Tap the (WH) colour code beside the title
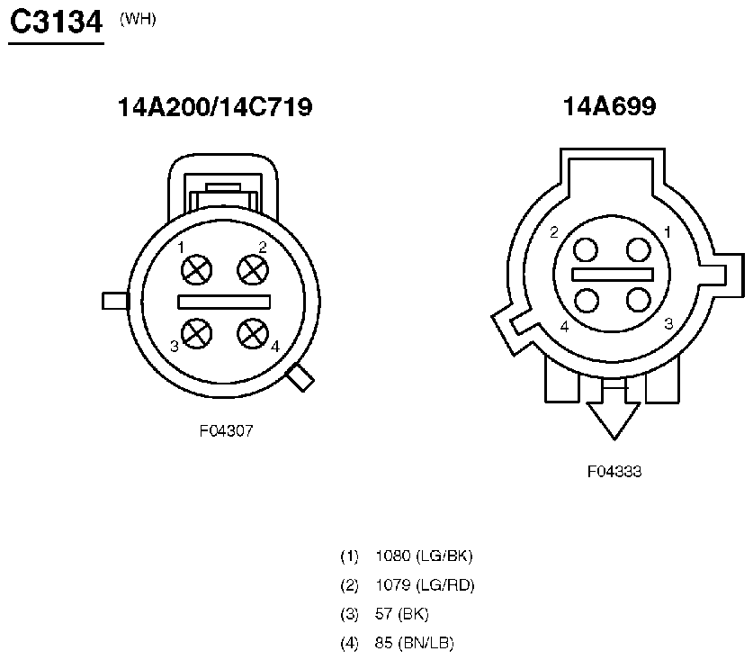138,19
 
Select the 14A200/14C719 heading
215,107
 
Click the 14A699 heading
609,106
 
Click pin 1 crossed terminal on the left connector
196,269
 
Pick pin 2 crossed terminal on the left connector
253,269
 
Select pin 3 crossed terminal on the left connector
196,334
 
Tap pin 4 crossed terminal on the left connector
253,334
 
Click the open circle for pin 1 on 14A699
639,250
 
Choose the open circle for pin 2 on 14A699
586,250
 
